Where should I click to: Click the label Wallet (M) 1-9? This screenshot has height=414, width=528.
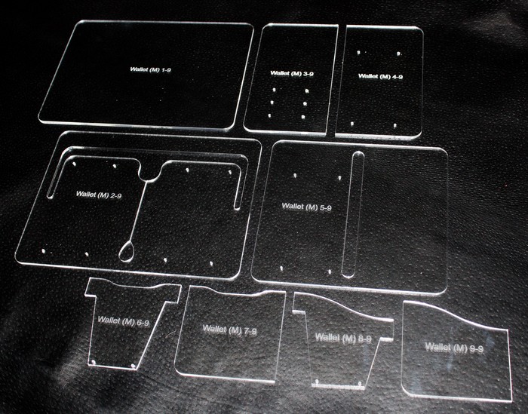tap(151, 69)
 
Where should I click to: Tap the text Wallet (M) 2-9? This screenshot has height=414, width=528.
tap(99, 195)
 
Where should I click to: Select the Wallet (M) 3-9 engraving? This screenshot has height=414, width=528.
tap(292, 73)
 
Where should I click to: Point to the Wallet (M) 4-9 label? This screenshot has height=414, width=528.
tap(380, 76)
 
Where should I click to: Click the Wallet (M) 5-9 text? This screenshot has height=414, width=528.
tap(306, 207)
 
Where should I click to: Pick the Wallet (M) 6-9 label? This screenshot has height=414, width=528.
tap(123, 320)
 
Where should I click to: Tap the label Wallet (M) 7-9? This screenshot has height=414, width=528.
tap(229, 330)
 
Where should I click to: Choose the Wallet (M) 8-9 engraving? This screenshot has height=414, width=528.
tap(343, 338)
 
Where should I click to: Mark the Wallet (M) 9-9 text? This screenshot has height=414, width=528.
tap(454, 348)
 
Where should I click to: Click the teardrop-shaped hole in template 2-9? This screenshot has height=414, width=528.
tap(127, 251)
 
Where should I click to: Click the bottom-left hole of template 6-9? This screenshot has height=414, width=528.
tap(94, 362)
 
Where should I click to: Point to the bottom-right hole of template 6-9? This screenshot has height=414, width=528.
tap(133, 365)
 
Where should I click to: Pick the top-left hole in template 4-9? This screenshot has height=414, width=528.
tap(358, 53)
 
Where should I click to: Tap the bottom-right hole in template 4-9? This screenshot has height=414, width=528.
tap(394, 125)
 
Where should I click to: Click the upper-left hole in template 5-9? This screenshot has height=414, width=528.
tap(295, 175)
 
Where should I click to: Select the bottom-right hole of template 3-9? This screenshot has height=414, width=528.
tap(302, 117)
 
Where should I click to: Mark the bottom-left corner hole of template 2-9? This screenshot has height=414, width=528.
tap(43, 251)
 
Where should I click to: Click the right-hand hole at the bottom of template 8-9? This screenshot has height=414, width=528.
tap(360, 383)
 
